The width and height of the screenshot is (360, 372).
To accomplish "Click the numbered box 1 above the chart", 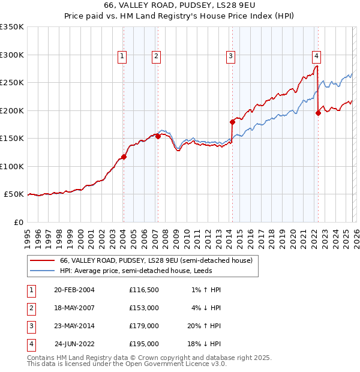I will coord(122,56).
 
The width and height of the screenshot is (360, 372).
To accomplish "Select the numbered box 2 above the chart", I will coord(156,56).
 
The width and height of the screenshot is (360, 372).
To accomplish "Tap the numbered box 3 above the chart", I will coord(230,56).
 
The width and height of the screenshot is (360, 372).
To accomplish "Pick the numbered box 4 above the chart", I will coord(316,56).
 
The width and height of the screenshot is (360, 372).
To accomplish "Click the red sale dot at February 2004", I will coord(124,157).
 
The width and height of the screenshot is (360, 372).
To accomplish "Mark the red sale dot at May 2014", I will coord(232,122).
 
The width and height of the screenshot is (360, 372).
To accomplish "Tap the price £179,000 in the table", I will coord(143,326).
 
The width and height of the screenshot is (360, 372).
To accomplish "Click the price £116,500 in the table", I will coord(143,290).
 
